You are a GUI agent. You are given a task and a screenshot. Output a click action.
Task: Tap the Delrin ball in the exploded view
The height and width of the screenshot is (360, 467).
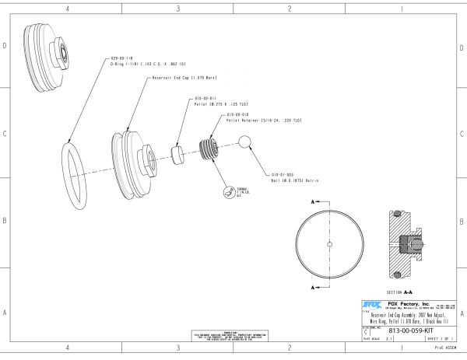244,142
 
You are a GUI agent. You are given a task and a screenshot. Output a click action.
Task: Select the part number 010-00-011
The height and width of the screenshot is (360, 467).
205,100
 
